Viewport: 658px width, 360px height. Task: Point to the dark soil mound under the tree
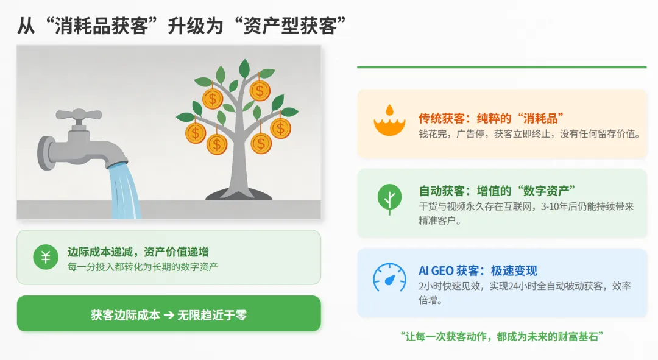click(238, 194)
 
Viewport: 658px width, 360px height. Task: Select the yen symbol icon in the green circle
click(46, 257)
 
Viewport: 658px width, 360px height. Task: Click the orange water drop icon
click(389, 121)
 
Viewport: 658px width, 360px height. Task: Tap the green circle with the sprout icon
click(389, 199)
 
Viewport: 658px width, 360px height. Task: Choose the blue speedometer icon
click(389, 278)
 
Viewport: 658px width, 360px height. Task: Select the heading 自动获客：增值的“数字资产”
click(497, 191)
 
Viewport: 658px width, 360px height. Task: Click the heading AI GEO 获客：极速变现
click(478, 270)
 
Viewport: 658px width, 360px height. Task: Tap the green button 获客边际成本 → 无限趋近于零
click(169, 314)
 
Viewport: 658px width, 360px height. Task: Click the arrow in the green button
click(169, 315)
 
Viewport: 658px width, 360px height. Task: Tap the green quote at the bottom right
click(502, 336)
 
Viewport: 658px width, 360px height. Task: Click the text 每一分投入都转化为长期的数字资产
click(143, 266)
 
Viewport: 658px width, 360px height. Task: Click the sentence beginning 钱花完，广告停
click(529, 134)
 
